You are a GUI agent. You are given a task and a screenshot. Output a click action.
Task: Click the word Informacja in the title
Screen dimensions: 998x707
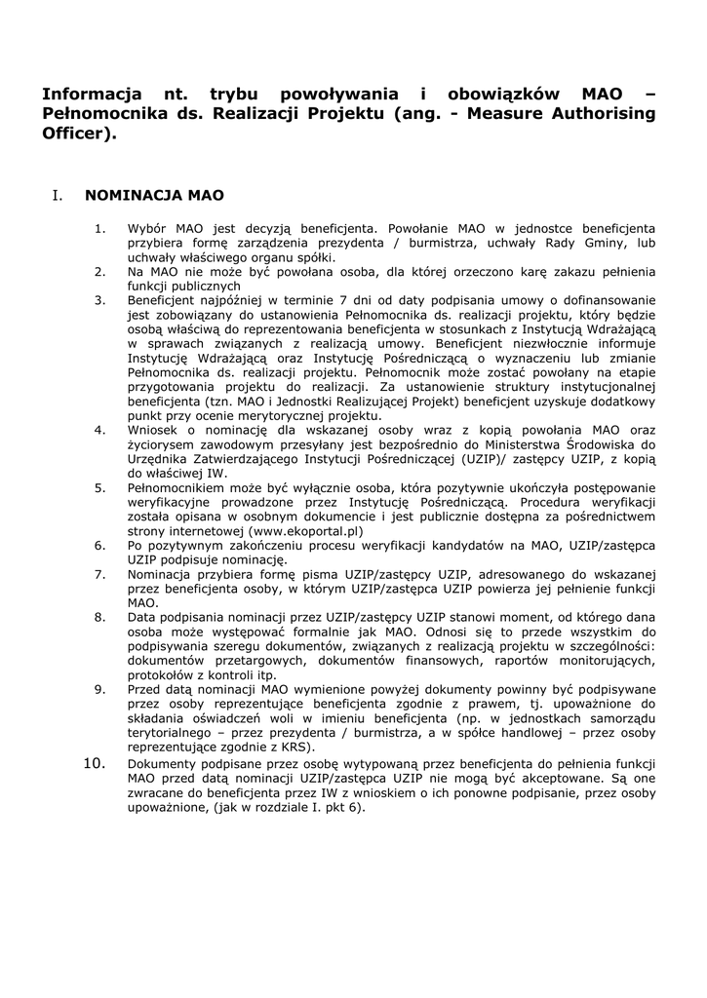[x=87, y=95]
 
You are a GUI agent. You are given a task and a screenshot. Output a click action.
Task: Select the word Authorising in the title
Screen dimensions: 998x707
[x=600, y=114]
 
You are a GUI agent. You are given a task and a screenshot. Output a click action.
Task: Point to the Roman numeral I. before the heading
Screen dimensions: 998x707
[x=58, y=195]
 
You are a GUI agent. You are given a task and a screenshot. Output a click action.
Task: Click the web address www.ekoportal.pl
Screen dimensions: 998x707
[x=305, y=531]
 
